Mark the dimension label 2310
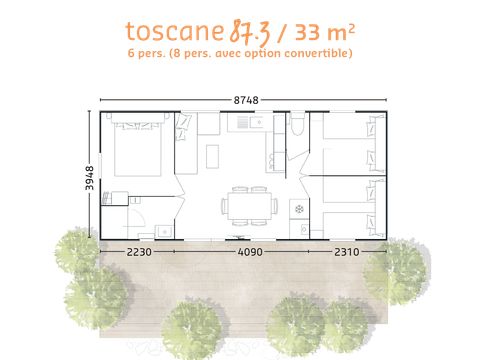346,252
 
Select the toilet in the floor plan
296,128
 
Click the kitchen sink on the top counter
246,124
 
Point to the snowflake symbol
298,210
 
